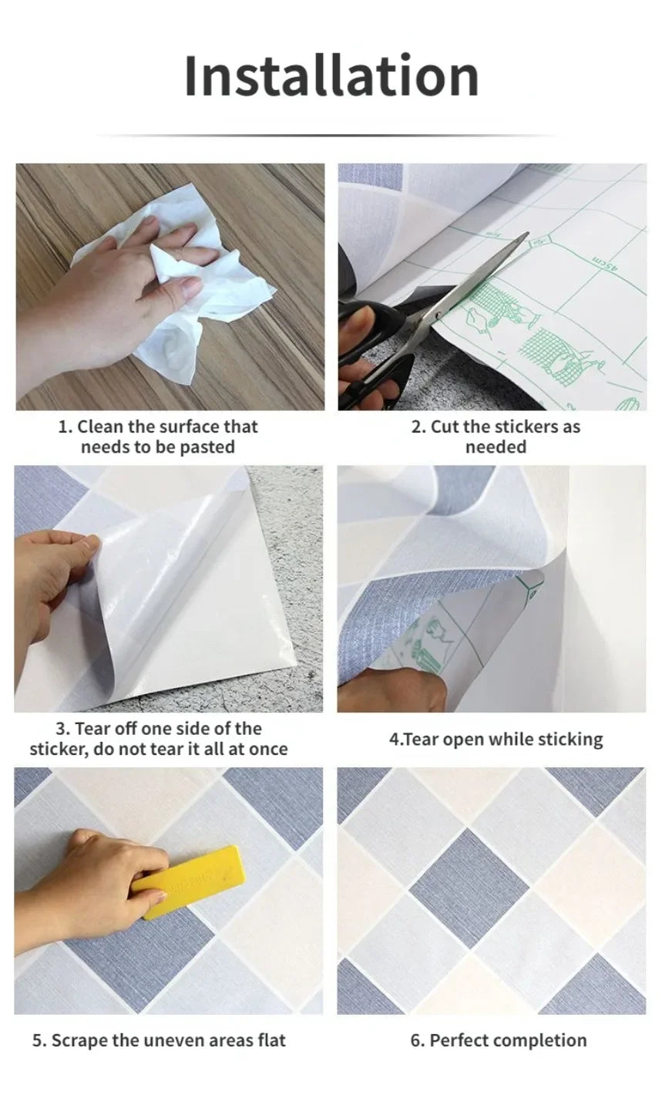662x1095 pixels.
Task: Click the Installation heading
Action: point(331,76)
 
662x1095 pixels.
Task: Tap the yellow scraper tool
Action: point(190,881)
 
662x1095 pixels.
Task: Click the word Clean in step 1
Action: point(101,426)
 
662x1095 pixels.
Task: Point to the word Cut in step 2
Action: point(443,426)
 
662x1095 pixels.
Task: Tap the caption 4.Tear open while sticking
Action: point(496,739)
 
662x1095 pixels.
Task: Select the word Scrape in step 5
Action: point(79,1040)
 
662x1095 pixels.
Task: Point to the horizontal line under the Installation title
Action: point(331,136)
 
